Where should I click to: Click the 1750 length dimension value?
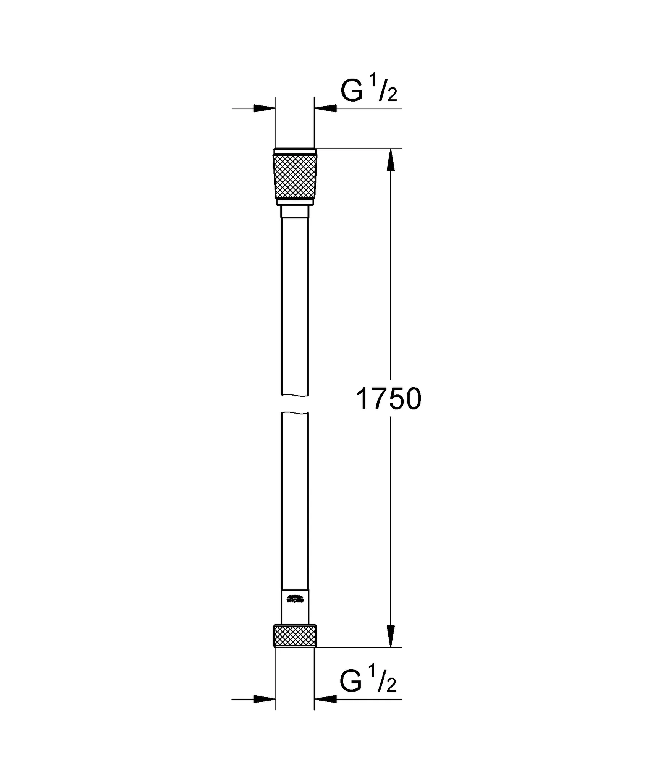(388, 399)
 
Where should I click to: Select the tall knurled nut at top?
(294, 177)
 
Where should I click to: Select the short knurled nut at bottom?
(294, 636)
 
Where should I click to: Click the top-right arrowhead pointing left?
(326, 108)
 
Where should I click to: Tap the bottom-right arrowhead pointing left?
(326, 699)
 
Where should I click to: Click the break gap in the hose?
(294, 404)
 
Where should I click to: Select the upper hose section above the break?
(294, 305)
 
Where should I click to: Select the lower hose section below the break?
(294, 496)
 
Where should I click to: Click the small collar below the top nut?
(294, 212)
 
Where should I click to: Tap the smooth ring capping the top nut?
(294, 151)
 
